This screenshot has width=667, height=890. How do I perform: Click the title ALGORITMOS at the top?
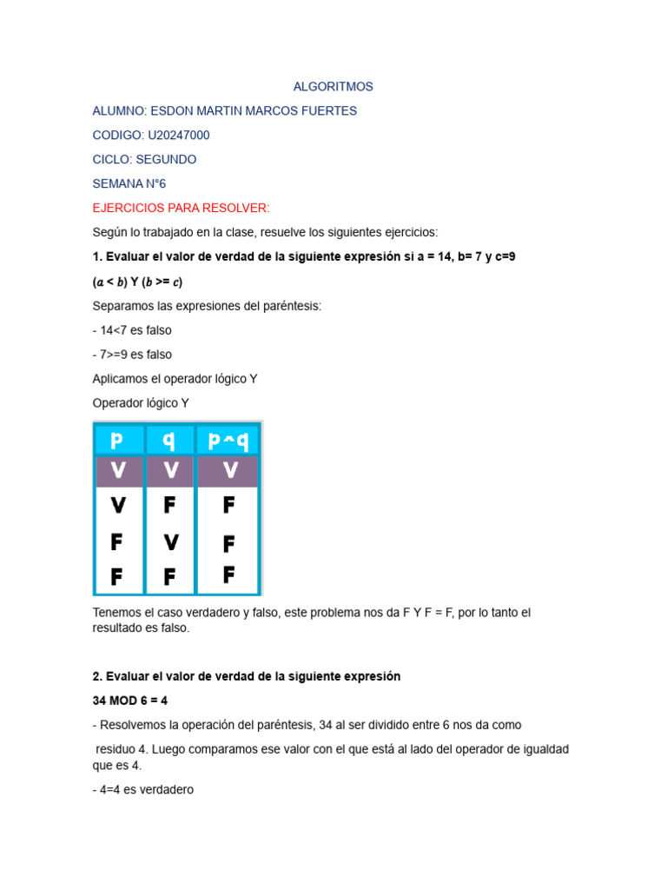[333, 87]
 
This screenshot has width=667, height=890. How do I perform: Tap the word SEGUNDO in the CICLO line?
[167, 160]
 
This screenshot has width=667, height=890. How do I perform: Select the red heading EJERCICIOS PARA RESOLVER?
[181, 208]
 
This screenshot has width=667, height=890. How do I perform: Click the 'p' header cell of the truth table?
[117, 441]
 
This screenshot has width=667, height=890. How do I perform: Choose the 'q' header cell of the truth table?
[169, 441]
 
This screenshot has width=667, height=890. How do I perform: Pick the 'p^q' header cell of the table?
[228, 441]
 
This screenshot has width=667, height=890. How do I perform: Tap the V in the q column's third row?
[170, 542]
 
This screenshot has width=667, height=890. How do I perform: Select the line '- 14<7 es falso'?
[132, 330]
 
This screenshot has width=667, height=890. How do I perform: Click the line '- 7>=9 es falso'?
[132, 355]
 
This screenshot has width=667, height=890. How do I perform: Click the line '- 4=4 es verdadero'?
[142, 790]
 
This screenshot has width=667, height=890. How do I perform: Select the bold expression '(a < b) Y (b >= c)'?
[137, 282]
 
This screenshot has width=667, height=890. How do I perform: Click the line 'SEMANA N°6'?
[129, 184]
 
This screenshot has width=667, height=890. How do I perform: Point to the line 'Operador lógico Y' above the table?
[140, 403]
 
